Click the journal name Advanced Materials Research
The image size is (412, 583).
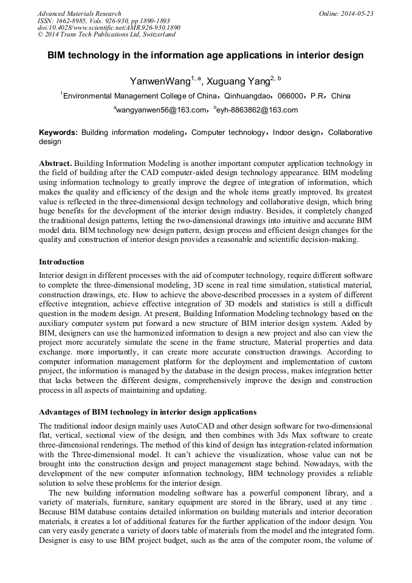(x=79, y=13)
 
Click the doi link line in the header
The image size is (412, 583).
(x=109, y=28)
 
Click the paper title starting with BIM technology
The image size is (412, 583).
(x=205, y=55)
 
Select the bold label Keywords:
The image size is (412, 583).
(x=58, y=133)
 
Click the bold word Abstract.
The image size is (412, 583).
(x=56, y=164)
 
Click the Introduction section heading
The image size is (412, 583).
(x=61, y=262)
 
